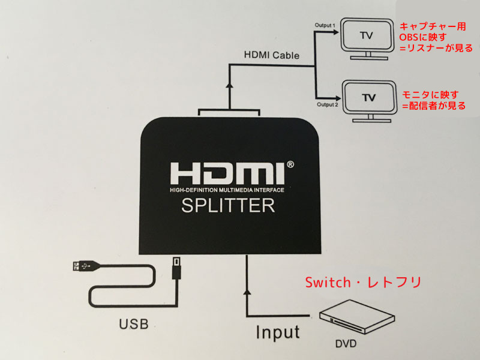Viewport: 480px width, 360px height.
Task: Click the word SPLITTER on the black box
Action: click(x=228, y=206)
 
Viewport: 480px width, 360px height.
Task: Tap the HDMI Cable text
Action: click(x=271, y=55)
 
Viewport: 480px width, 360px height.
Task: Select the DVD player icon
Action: click(x=355, y=316)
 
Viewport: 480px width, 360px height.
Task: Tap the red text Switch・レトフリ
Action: click(x=363, y=282)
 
